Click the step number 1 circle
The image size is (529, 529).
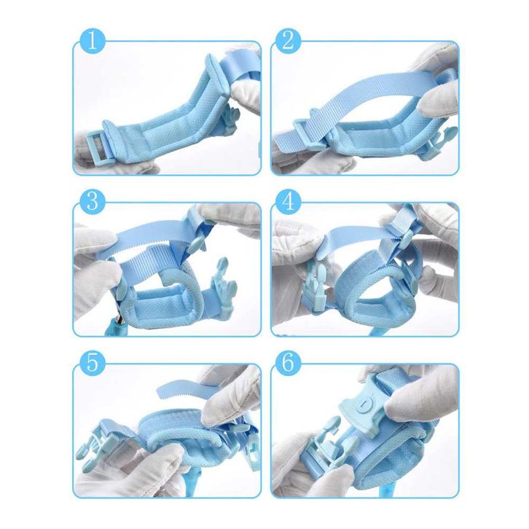pyautogui.click(x=93, y=42)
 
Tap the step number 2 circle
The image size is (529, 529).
pyautogui.click(x=288, y=42)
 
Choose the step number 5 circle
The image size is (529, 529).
pyautogui.click(x=93, y=364)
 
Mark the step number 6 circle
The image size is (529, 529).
pyautogui.click(x=288, y=364)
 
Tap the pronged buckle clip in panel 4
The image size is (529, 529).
pyautogui.click(x=316, y=287)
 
